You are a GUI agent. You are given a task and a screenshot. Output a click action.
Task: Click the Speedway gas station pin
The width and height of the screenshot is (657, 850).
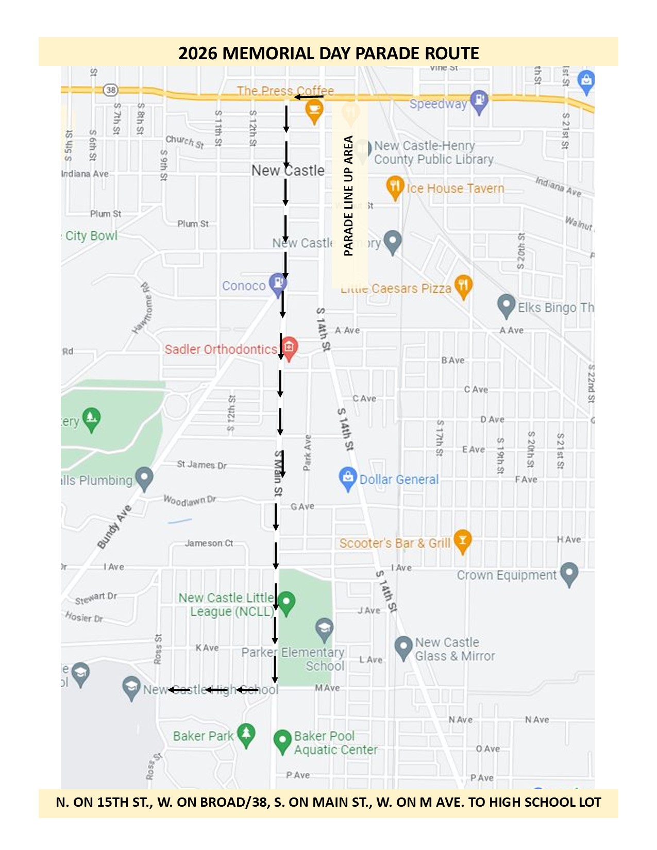tap(479, 101)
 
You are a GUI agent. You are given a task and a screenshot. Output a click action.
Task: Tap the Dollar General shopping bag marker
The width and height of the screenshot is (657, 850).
tap(348, 478)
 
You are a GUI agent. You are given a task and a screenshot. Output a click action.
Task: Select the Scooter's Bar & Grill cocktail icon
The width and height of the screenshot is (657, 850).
tap(462, 540)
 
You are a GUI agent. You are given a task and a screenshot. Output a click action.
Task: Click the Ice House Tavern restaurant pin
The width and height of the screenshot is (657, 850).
tap(394, 186)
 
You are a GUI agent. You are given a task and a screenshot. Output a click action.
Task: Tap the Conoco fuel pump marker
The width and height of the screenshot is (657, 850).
tap(278, 283)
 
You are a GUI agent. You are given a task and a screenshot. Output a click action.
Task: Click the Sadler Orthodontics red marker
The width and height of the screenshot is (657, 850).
tap(289, 348)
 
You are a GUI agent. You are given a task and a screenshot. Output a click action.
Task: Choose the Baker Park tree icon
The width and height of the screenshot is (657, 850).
tap(246, 734)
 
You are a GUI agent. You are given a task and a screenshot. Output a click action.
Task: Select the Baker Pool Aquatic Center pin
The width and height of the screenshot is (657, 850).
tap(282, 741)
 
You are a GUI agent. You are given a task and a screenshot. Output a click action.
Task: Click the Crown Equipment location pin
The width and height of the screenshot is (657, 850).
tap(569, 573)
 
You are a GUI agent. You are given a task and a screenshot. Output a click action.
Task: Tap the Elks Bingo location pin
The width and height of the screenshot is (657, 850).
tap(506, 304)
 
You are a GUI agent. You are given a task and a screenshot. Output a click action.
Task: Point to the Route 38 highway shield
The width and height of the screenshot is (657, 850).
tap(110, 90)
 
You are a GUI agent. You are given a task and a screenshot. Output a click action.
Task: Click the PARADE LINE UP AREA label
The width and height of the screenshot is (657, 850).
tap(349, 196)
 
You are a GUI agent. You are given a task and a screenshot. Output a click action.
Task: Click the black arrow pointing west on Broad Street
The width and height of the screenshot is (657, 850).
tap(309, 96)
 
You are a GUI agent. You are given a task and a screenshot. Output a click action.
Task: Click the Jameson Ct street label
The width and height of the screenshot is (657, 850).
tap(209, 543)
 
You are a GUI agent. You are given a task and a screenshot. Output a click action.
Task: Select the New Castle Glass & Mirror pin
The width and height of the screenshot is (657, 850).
tap(402, 647)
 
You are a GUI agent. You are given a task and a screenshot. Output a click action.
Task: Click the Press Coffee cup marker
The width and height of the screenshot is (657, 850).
tap(314, 110)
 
